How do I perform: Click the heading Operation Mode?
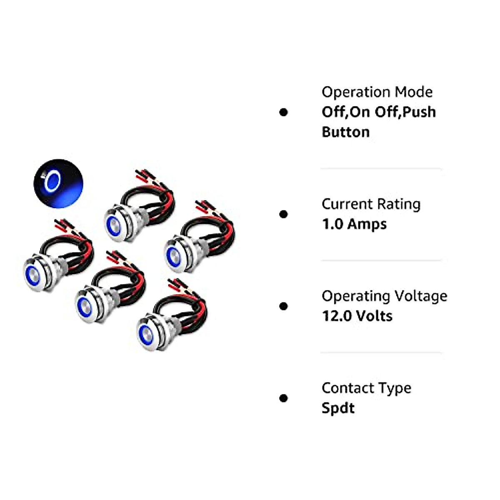(377, 92)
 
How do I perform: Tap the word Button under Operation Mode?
(345, 132)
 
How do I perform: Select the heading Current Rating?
(371, 204)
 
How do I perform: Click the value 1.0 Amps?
(354, 224)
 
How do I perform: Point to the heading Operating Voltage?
(384, 296)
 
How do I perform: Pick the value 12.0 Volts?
(357, 316)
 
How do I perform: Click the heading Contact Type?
(366, 388)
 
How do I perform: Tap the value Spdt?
(338, 408)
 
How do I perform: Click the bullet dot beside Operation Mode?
(284, 112)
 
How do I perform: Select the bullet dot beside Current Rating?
(284, 214)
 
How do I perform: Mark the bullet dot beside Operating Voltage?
(284, 306)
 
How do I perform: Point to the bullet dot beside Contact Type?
(284, 398)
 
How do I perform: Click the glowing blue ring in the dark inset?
(53, 182)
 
